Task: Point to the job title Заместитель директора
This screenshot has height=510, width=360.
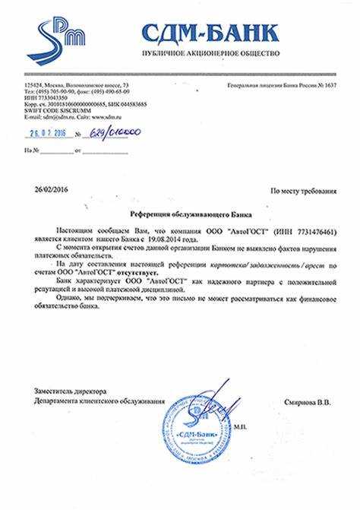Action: (x=65, y=390)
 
